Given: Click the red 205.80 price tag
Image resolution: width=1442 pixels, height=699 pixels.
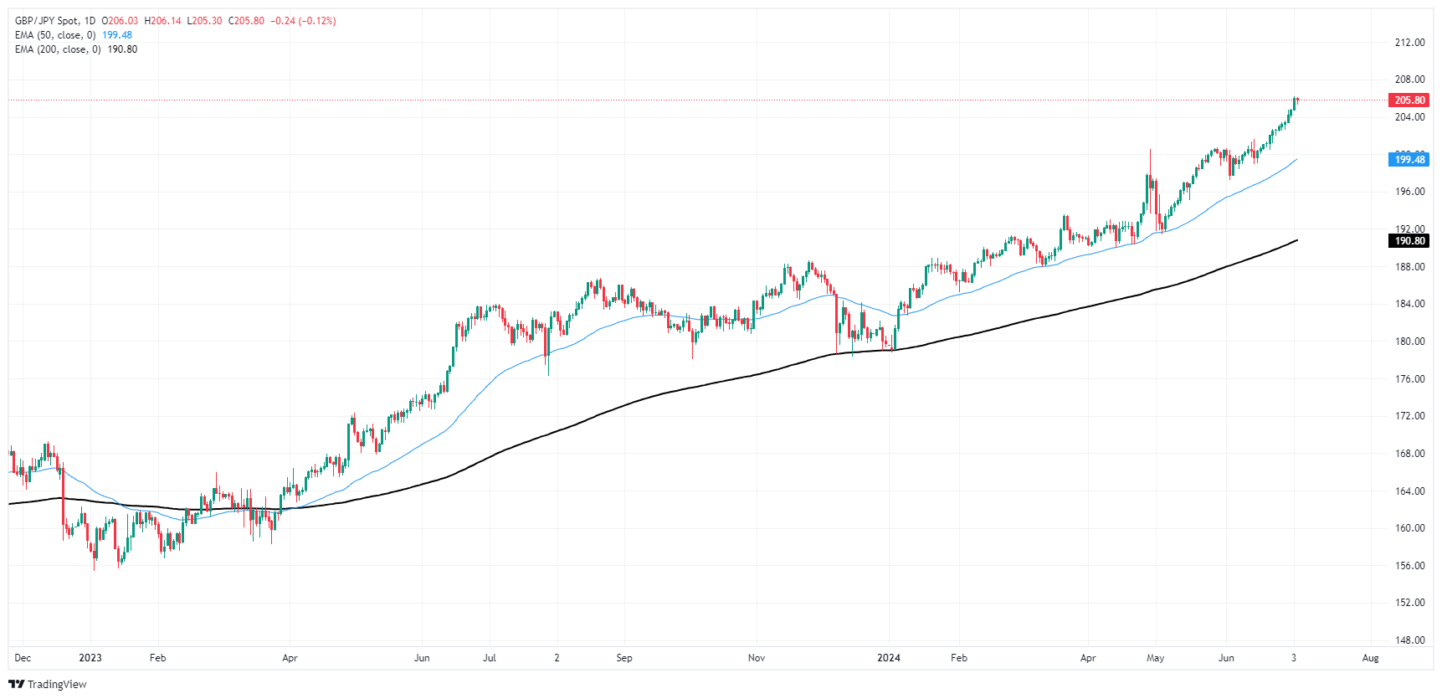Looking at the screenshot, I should tap(1409, 100).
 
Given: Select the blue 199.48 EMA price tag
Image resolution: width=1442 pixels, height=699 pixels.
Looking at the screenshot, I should tap(1409, 160).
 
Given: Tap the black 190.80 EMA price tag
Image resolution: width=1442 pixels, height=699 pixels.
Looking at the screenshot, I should tap(1409, 241).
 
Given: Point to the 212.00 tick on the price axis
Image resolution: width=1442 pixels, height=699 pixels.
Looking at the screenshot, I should tap(1409, 43).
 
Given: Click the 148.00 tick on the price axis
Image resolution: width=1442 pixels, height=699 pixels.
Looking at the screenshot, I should tap(1409, 640).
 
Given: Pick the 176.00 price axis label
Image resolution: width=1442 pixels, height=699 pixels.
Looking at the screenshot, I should tap(1409, 379).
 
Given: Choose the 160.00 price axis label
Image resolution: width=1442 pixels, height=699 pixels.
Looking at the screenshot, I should tap(1409, 528).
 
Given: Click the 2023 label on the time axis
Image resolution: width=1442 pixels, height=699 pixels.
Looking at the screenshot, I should tap(90, 658).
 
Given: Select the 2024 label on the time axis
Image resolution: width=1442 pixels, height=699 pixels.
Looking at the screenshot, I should tap(889, 658).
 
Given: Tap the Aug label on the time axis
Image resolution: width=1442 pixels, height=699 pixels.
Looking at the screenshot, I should tap(1370, 658).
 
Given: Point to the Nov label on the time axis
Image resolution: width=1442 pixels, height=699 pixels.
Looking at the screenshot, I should tap(757, 658).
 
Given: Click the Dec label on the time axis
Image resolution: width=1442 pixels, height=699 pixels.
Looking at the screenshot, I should tap(23, 658).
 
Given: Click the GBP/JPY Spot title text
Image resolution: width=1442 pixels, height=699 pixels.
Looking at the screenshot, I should tap(47, 21).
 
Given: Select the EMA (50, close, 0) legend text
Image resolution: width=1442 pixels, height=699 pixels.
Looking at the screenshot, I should tap(55, 35).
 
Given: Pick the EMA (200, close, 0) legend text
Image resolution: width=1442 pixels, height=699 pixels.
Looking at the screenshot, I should tap(58, 49).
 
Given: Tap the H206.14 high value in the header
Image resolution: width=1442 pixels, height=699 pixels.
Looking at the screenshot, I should tap(162, 21).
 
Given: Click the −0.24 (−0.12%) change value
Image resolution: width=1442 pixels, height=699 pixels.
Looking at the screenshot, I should tap(303, 21).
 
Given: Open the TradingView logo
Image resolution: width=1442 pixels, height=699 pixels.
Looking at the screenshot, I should tap(48, 684).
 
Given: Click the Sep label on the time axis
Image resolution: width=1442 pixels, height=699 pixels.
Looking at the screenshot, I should tap(624, 658).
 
